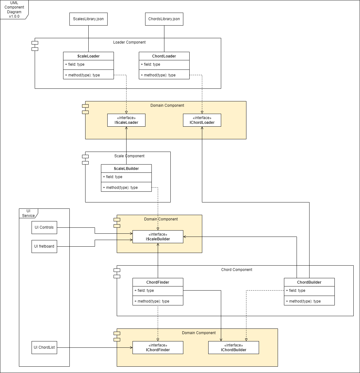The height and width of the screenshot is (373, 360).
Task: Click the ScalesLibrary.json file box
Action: point(88,19)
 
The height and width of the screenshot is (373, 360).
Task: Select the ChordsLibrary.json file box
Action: point(164,19)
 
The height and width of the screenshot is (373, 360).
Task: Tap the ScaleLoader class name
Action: point(88,56)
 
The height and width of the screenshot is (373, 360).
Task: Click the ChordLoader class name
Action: point(164,56)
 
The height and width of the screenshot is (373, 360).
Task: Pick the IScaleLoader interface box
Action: point(126,120)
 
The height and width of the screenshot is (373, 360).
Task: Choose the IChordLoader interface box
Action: point(202,120)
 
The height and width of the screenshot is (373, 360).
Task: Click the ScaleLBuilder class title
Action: point(126,169)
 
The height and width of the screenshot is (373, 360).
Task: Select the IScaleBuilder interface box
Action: point(158,237)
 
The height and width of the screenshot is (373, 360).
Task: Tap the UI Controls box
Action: point(44,227)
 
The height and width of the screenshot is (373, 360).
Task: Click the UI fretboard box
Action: point(44,246)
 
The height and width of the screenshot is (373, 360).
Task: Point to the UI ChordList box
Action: point(44,347)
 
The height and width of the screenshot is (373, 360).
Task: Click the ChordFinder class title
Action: point(158,282)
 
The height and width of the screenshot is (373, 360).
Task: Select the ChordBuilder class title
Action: point(309,282)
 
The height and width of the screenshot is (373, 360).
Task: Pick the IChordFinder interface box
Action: point(158,347)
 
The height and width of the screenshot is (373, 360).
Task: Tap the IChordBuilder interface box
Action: point(233,347)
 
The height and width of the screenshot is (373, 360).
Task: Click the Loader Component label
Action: point(129,42)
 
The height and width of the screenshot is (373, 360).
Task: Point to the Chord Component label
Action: point(237,270)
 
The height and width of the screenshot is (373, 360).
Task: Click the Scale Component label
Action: point(129,156)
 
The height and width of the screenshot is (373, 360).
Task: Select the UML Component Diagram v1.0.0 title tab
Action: point(14,9)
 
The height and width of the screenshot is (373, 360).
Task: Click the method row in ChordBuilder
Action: point(309,301)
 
